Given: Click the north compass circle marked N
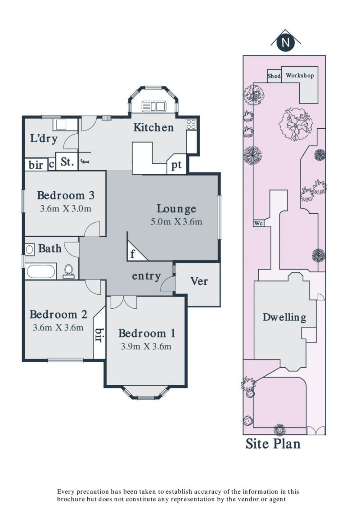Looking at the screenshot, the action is coord(286,43).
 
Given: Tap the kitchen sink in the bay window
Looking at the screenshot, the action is coord(154,106).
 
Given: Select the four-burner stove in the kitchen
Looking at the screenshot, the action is coord(191,124).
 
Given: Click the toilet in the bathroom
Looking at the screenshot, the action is coord(68,271).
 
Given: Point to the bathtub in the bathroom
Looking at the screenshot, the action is coord(41,271).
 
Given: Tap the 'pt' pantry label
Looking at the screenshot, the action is coord(176,165).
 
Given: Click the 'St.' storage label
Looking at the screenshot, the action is coord(67,161).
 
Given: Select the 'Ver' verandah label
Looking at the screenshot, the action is coord(198,281).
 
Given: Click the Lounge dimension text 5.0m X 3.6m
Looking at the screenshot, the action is coord(176,222).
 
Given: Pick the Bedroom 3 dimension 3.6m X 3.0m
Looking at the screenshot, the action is coord(66,209).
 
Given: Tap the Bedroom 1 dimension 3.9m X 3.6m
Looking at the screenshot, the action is coord(146,347).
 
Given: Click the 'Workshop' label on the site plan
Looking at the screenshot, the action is coord(300,75).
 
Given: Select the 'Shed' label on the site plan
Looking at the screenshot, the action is coord(274,76).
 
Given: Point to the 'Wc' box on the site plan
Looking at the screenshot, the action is coord(258,223).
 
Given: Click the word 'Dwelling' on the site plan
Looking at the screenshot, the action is coord(284,317).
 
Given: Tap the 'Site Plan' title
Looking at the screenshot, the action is coord(273,443).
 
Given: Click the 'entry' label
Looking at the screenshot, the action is coord(146,276).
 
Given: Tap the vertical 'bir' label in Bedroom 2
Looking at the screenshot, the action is coord(99,335).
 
